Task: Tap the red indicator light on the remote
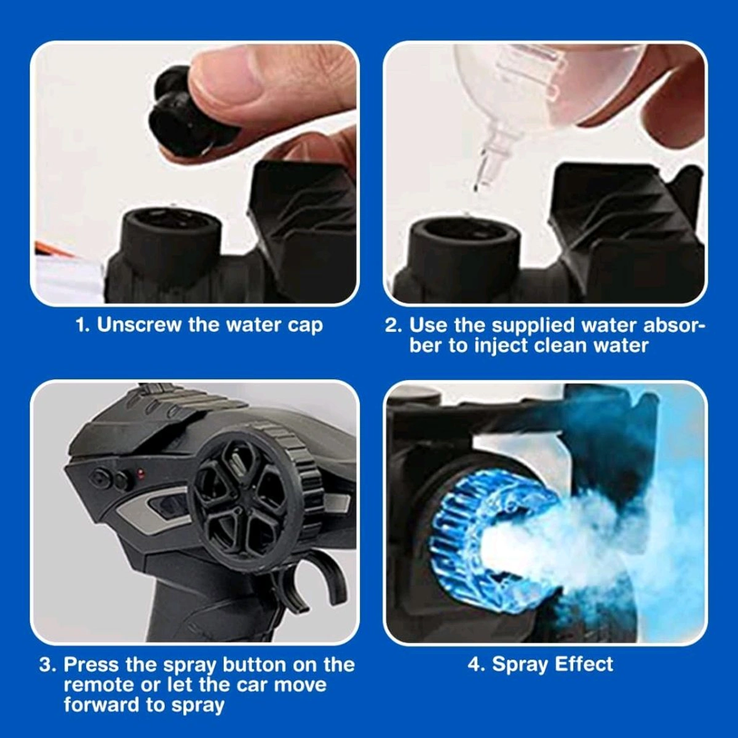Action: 141,474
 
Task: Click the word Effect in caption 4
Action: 584,664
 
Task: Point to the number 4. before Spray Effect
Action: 477,664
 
